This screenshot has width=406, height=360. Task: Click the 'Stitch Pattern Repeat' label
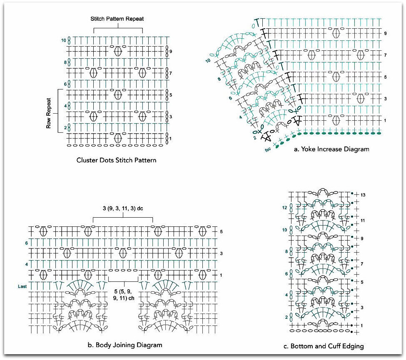coord(117,19)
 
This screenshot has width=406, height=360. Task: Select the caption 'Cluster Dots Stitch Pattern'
coord(116,160)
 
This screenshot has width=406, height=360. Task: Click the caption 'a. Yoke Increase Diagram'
coord(331,149)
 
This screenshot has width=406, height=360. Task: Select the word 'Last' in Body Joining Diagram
coord(22,286)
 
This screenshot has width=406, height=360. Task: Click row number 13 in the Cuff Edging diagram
coord(363,195)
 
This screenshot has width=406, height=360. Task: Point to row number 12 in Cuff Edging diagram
coord(296,207)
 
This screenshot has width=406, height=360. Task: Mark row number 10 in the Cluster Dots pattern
coord(64,40)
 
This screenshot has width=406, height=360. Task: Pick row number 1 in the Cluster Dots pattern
coord(171,138)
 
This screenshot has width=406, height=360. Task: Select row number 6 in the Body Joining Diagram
coord(26,243)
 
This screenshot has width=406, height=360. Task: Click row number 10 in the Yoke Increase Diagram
coord(207,61)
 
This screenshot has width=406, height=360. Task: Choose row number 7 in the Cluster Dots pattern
coord(171,73)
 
